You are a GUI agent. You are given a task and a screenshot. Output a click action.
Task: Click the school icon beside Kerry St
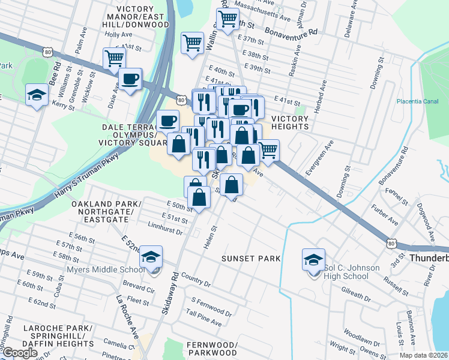pyautogui.click(x=37, y=95)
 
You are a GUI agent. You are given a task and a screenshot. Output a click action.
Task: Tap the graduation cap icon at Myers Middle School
pyautogui.click(x=151, y=258)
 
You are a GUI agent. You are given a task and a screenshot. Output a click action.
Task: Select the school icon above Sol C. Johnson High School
pyautogui.click(x=313, y=260)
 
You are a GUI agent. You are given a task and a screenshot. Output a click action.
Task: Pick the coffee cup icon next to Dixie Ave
pyautogui.click(x=130, y=79)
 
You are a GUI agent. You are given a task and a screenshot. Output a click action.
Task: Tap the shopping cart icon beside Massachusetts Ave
pyautogui.click(x=228, y=19)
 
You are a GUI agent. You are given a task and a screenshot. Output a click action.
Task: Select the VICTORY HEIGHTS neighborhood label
pyautogui.click(x=289, y=123)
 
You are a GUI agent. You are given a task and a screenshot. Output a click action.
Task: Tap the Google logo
pyautogui.click(x=19, y=353)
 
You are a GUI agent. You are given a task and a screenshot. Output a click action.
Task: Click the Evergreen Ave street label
pyautogui.click(x=319, y=158)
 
